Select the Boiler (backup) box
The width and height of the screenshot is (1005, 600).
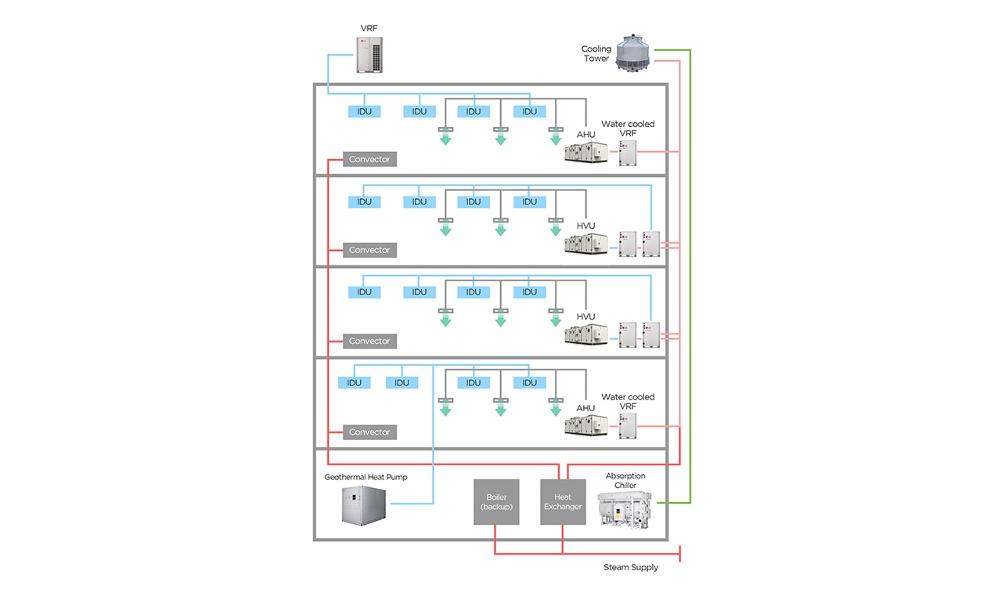coord(495,501)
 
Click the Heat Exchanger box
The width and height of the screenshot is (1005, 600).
coord(563,501)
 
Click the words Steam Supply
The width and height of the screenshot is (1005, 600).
coord(630,567)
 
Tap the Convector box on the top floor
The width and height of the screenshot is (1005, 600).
coord(369,160)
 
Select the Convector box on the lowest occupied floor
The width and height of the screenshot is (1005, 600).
coord(369,432)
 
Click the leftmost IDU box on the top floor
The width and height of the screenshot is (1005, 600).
coord(364,112)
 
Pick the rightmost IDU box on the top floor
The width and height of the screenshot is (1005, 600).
coord(530,112)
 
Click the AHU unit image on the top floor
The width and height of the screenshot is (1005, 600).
coord(586,154)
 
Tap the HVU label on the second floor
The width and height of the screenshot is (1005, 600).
coord(585,226)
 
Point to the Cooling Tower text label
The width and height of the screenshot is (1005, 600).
coord(596,53)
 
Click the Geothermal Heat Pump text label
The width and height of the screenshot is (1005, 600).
coord(366,477)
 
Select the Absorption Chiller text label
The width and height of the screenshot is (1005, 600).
coord(625,480)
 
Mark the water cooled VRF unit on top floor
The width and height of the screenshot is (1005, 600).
coord(629,152)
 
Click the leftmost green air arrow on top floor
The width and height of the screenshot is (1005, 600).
coord(445,138)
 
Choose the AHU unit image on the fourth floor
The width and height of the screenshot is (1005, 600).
coord(586,426)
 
